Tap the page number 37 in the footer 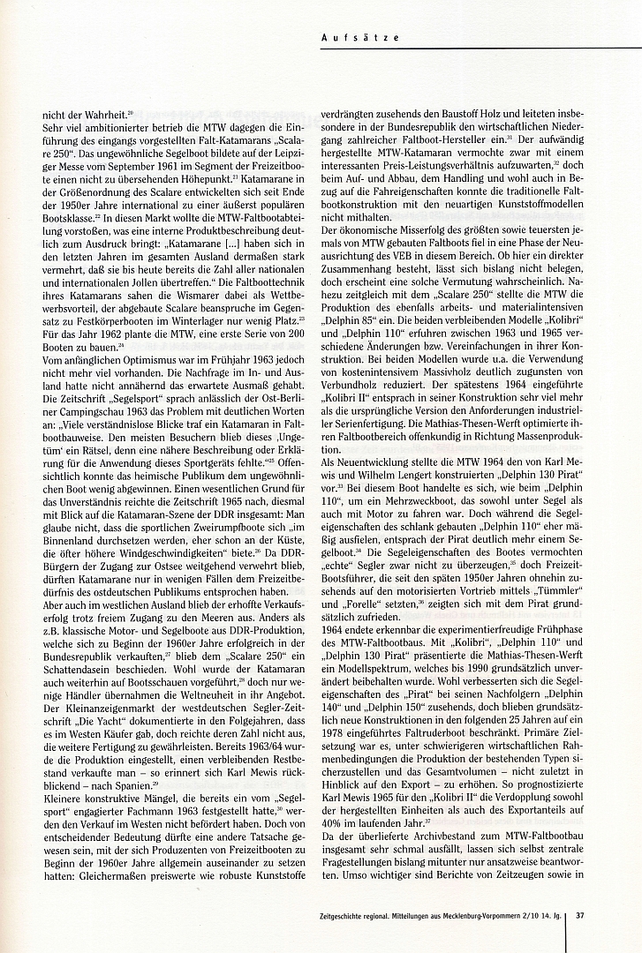[x=580, y=914]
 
